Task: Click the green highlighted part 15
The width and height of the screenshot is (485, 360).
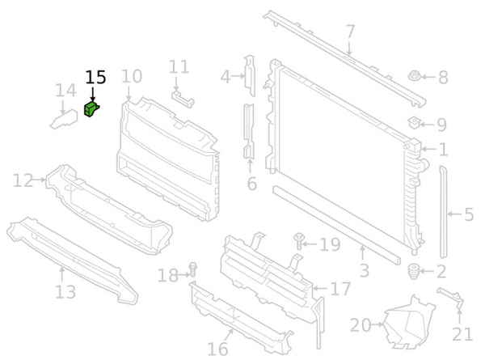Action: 91,109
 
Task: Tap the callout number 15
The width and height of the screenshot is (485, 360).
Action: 95,78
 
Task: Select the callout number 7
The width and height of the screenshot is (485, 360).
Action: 350,32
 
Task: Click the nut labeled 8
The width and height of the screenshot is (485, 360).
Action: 413,78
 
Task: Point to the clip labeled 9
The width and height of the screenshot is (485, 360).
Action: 414,124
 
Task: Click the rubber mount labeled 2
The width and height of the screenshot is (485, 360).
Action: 415,271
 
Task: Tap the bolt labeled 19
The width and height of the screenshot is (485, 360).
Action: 298,240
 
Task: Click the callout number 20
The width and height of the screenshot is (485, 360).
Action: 361,326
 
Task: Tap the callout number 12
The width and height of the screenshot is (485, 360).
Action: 23,180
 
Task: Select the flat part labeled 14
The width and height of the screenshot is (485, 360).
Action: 65,119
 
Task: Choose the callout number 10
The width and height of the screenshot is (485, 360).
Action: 132,77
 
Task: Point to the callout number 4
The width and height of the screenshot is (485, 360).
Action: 226,78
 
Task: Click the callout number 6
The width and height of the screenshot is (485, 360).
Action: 251,184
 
